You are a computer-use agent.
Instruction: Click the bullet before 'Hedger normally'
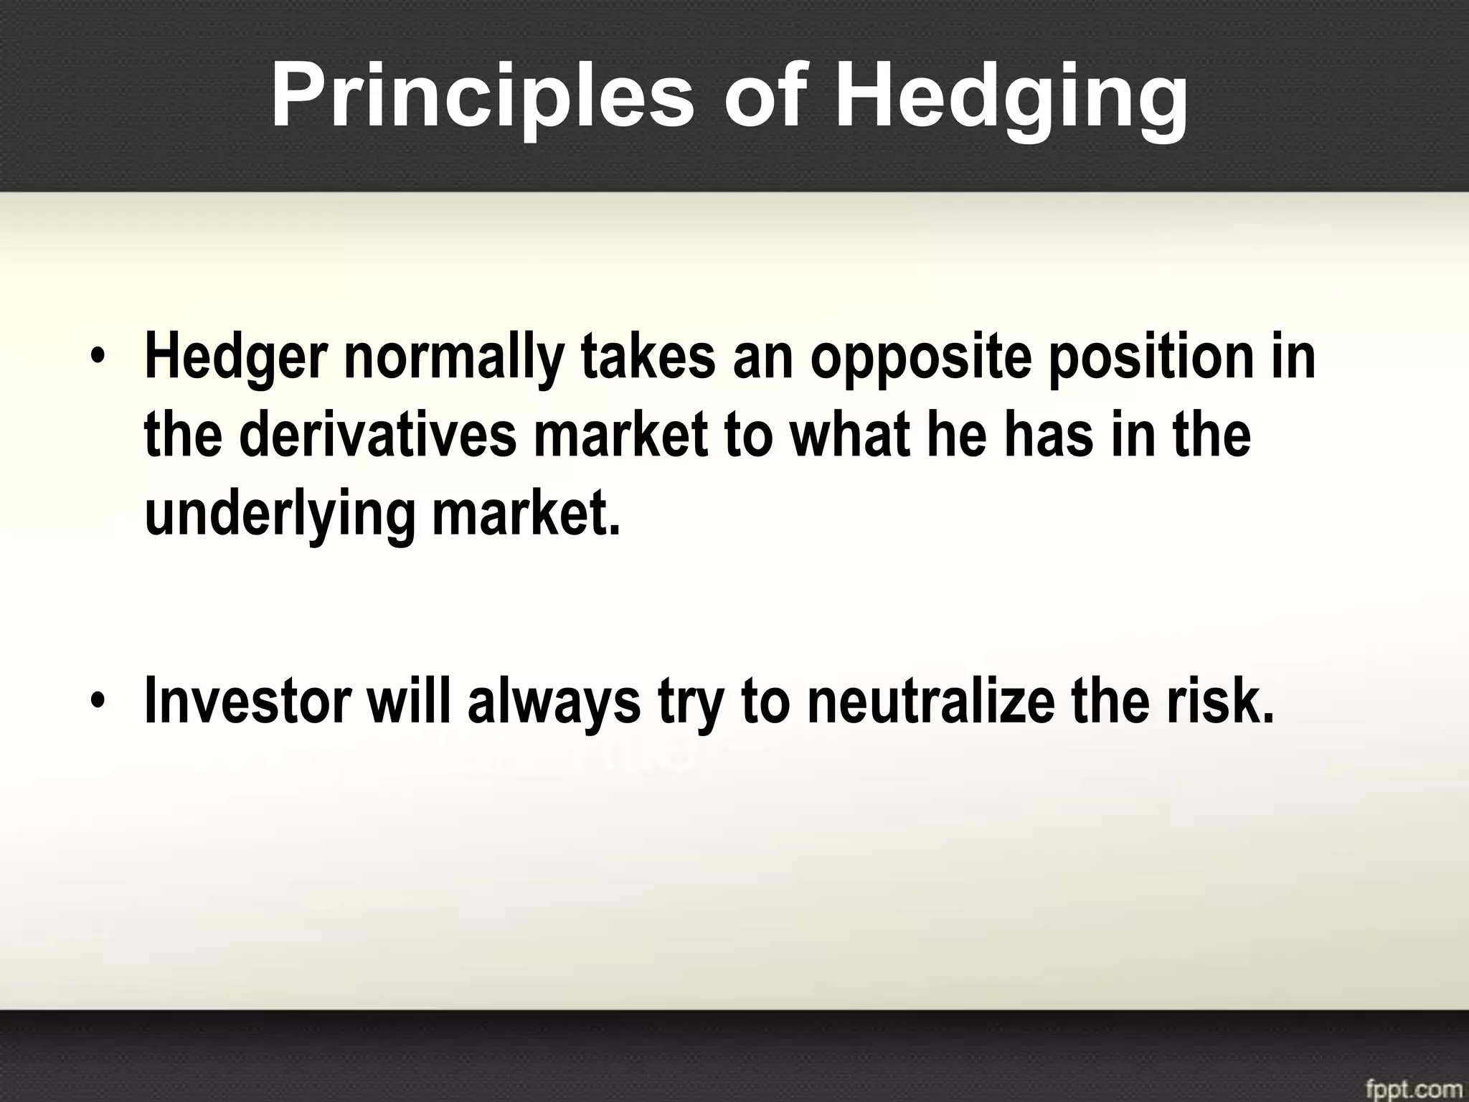(x=98, y=357)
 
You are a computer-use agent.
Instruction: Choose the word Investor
(x=247, y=700)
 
